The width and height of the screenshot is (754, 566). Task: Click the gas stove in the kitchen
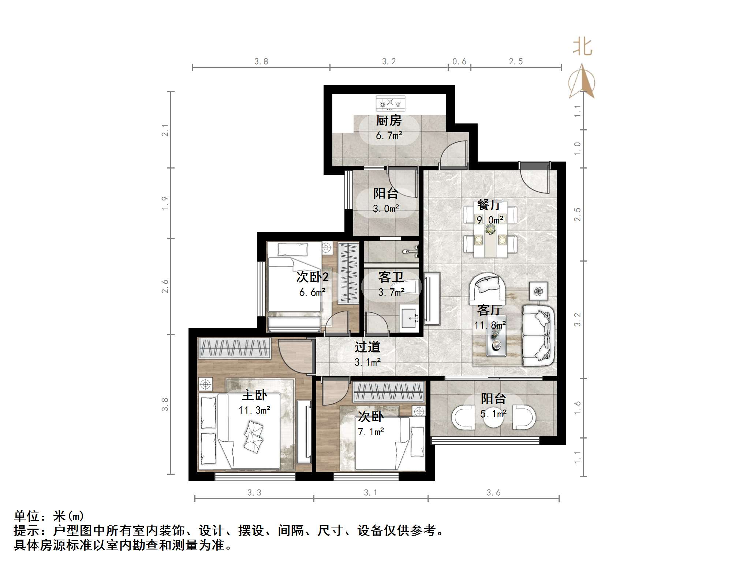(391, 103)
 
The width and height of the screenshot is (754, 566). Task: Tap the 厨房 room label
(389, 120)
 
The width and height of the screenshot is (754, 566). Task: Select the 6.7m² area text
(389, 136)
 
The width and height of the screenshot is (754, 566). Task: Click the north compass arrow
(582, 82)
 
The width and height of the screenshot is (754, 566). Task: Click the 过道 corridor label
(367, 347)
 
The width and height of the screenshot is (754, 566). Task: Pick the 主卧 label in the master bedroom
(254, 395)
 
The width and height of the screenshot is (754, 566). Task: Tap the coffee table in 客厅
(496, 336)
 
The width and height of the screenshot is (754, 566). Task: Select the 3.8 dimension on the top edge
(261, 62)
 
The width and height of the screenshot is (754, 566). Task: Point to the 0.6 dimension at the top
(459, 62)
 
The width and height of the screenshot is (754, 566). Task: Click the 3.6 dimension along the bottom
(493, 493)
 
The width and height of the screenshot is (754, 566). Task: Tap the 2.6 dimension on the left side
(165, 286)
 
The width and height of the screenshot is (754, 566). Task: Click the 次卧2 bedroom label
(312, 277)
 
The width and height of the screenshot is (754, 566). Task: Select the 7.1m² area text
(371, 432)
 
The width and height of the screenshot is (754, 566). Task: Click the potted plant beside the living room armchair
(538, 291)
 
